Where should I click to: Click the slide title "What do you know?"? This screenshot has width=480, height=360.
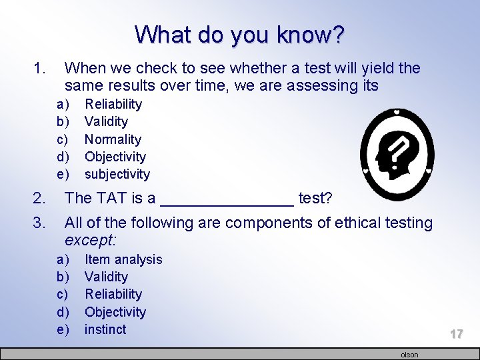[240, 34]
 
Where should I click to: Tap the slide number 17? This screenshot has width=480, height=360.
[456, 334]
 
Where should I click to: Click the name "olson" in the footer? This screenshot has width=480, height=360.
[409, 355]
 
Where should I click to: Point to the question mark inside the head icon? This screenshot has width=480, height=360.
[398, 153]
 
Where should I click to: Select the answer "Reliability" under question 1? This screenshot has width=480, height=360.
[113, 104]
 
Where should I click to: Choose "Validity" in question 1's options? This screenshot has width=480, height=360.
[106, 121]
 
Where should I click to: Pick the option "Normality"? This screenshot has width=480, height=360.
[113, 139]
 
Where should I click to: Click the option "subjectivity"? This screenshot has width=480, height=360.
[117, 174]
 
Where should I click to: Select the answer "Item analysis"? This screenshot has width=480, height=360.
[123, 259]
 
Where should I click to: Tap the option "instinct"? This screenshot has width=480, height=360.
[105, 329]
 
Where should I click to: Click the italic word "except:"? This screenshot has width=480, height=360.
[87, 240]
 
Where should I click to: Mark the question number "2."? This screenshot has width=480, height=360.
[40, 198]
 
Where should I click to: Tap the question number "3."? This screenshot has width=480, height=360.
[40, 223]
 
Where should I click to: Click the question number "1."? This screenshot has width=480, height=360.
[40, 68]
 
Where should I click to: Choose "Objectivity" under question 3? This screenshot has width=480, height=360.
[115, 312]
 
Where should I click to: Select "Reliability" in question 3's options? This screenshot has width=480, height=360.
[113, 294]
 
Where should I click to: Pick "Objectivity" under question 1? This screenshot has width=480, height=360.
[115, 157]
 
